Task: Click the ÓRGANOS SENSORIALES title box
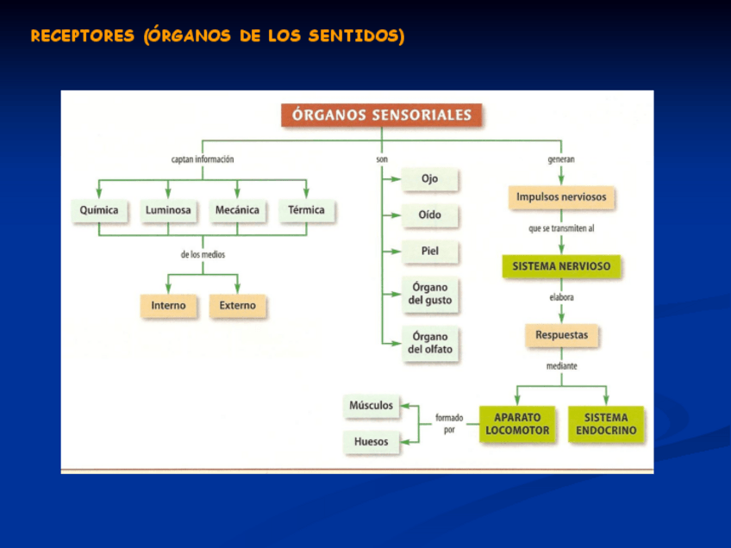click(x=382, y=115)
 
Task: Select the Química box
click(x=99, y=210)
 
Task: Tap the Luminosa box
click(x=168, y=210)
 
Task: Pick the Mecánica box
click(x=237, y=210)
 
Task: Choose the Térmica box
click(x=306, y=210)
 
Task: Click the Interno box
click(x=168, y=306)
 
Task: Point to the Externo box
click(x=237, y=306)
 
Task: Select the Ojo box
click(x=429, y=179)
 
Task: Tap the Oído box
click(x=429, y=215)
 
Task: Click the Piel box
click(x=429, y=252)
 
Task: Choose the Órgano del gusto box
click(x=429, y=294)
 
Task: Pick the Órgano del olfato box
click(x=429, y=343)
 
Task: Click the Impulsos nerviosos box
click(x=561, y=197)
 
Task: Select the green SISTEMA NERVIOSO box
click(x=561, y=267)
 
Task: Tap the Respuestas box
click(x=561, y=334)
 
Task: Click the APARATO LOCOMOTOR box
click(x=517, y=424)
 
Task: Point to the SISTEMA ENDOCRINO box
click(x=606, y=424)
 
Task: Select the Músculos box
click(x=371, y=406)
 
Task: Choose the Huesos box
click(x=371, y=442)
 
